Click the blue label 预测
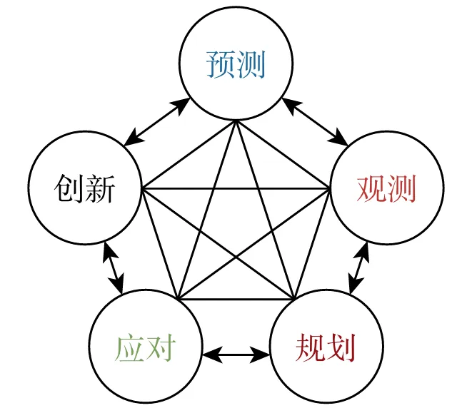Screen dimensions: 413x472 click(x=236, y=65)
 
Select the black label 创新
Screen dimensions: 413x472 click(x=85, y=188)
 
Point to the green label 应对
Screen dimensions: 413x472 click(x=145, y=350)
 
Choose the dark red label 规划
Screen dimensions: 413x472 click(x=326, y=350)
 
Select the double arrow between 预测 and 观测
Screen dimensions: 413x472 click(x=315, y=121)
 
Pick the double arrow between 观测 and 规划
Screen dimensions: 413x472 click(x=358, y=268)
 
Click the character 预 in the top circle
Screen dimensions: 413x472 click(x=221, y=65)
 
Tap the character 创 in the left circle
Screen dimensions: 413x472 click(x=70, y=188)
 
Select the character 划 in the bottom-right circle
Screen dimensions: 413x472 click(x=341, y=350)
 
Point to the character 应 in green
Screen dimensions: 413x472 click(x=130, y=350)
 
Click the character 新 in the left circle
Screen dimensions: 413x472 click(x=100, y=188)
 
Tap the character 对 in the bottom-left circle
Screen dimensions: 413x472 click(x=160, y=350)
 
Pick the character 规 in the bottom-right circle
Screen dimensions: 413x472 click(x=311, y=350)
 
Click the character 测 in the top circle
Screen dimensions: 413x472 click(x=251, y=65)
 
